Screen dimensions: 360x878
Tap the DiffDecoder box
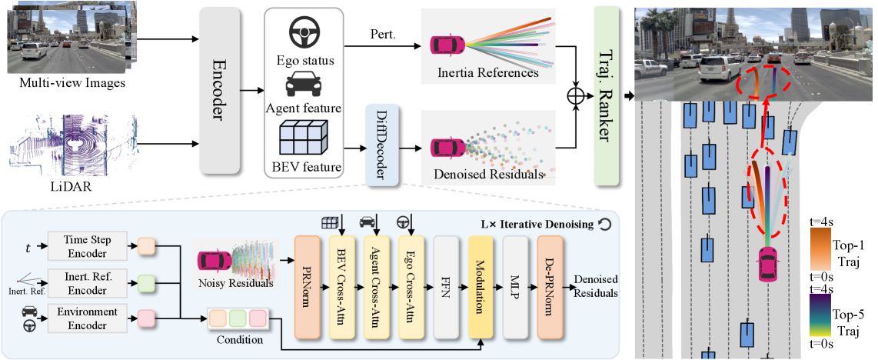(381, 147)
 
